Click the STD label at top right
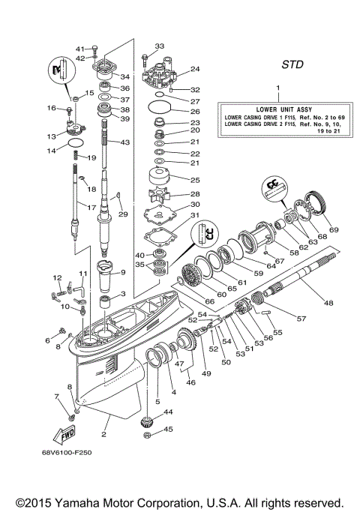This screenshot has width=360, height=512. [x=292, y=64]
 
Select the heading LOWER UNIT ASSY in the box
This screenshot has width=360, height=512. [x=277, y=108]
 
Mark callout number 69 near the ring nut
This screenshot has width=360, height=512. [x=334, y=229]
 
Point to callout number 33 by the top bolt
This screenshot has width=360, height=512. [x=159, y=46]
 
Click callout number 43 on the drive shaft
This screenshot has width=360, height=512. [x=125, y=142]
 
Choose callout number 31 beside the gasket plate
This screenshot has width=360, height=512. [x=195, y=217]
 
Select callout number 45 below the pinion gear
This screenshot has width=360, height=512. [x=168, y=430]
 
